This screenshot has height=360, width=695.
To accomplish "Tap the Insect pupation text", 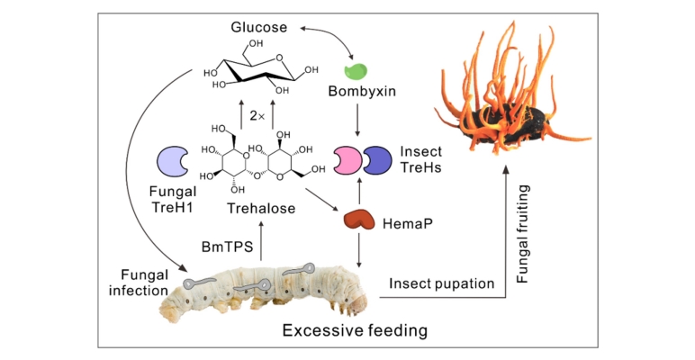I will [442, 284].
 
